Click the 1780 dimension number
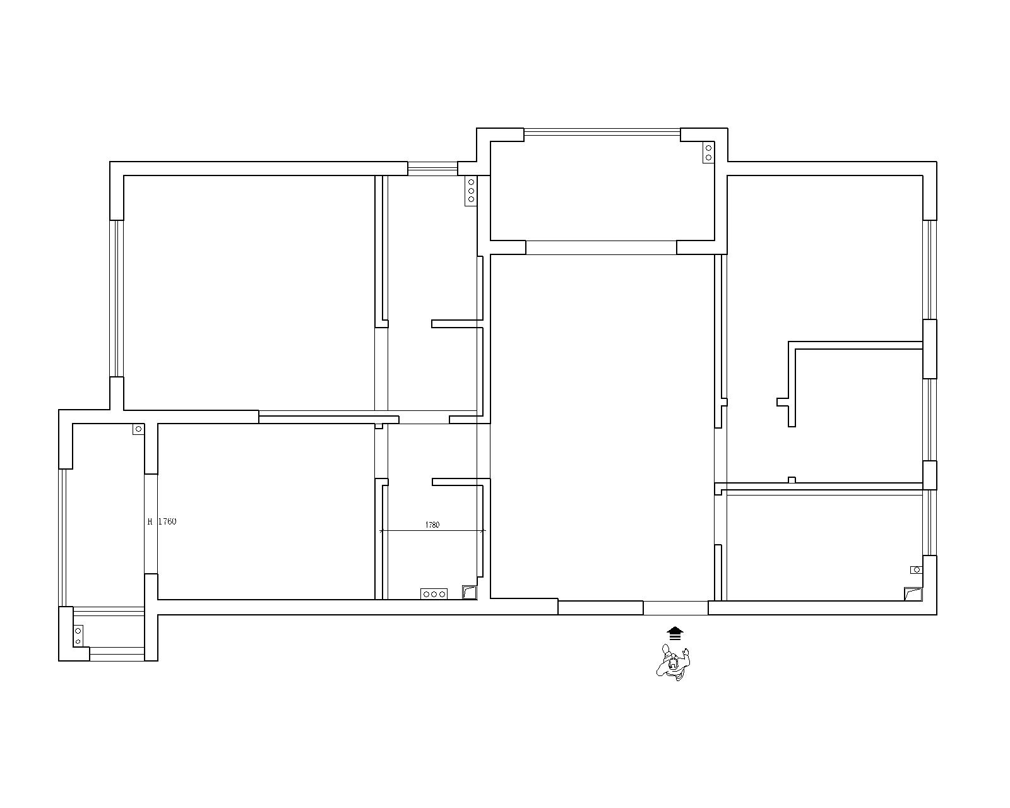432,525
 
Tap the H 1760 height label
162,521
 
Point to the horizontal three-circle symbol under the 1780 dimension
434,595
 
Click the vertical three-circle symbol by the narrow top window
471,191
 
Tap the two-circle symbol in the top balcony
708,153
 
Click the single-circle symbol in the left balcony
138,429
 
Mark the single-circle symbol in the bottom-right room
916,570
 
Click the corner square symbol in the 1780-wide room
470,593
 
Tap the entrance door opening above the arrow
675,608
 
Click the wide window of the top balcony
602,133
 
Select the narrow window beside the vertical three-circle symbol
432,169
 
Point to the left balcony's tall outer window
63,537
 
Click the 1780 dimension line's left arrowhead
382,531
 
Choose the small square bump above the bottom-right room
792,480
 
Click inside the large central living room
602,427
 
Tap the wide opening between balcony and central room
601,248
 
